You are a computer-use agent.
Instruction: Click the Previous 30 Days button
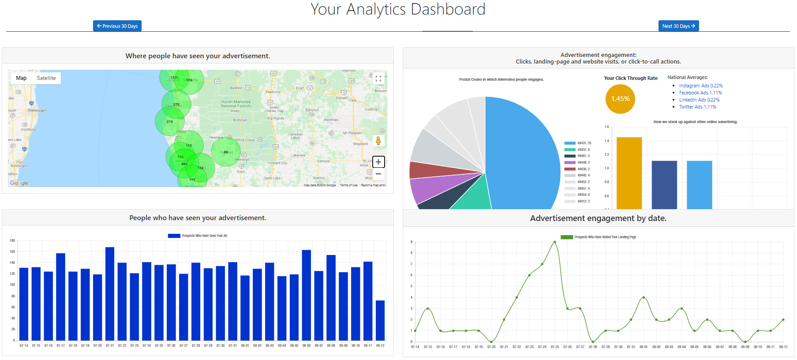tap(117, 26)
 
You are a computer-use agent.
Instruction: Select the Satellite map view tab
tap(46, 78)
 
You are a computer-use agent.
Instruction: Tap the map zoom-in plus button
tap(378, 162)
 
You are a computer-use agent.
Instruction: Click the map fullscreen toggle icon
tap(378, 79)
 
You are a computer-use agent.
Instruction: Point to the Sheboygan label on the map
tap(37, 110)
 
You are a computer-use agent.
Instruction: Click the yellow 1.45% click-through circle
tap(620, 99)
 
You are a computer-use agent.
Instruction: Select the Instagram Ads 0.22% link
tap(701, 86)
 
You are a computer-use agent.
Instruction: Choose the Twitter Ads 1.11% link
tap(697, 107)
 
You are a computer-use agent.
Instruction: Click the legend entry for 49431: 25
tap(577, 143)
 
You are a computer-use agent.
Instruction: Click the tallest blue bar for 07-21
tap(110, 293)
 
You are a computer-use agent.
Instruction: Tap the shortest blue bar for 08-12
tap(380, 320)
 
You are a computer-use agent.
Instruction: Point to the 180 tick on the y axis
tap(12, 240)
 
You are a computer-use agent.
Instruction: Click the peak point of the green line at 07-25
tap(555, 242)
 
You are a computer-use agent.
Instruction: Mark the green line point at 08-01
tap(644, 297)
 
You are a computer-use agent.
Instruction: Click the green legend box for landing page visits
tap(566, 237)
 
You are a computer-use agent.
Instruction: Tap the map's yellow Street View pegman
tap(378, 141)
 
